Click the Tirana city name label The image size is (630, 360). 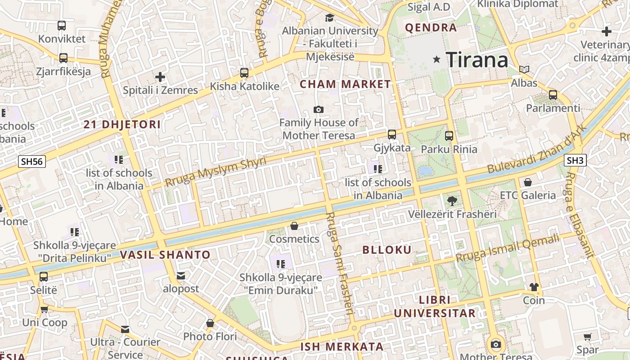(477, 59)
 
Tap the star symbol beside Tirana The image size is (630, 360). (436, 59)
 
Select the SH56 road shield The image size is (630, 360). (32, 162)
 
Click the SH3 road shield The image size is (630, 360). (575, 160)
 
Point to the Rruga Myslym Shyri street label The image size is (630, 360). (216, 171)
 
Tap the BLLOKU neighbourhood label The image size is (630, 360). (387, 250)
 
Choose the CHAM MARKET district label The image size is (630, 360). (346, 84)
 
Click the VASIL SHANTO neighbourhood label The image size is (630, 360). (165, 255)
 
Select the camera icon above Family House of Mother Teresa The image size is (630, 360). (319, 109)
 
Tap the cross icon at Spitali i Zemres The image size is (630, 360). (160, 77)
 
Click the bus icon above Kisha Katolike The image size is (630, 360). (244, 72)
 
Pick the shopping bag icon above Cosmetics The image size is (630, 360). (294, 225)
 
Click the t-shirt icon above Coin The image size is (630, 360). (534, 287)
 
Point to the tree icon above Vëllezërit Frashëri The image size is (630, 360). (452, 201)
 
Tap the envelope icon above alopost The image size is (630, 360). (181, 275)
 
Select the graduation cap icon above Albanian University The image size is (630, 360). (330, 18)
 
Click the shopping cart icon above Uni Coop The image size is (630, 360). (44, 309)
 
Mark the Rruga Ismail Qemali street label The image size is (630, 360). (507, 248)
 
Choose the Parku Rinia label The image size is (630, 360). (449, 148)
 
